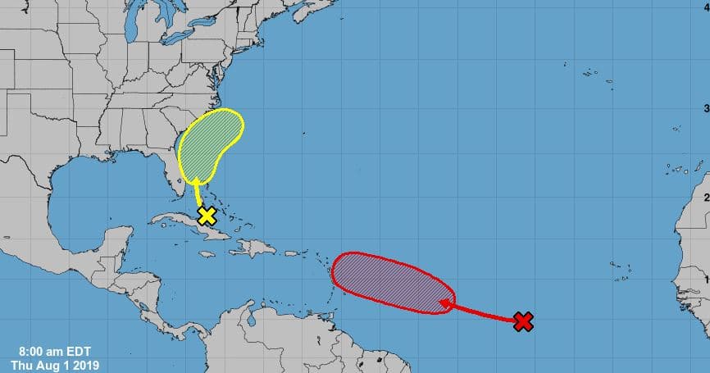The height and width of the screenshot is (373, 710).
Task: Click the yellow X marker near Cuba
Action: (207, 216)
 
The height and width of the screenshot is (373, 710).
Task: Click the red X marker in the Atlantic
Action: (523, 321)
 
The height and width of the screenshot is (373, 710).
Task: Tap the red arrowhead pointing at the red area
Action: (445, 304)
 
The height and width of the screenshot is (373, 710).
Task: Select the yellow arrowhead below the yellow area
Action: (197, 180)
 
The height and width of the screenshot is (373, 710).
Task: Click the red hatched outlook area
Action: (393, 284)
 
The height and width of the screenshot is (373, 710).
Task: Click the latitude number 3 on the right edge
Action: (706, 108)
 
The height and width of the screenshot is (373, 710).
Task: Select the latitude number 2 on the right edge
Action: (706, 197)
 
